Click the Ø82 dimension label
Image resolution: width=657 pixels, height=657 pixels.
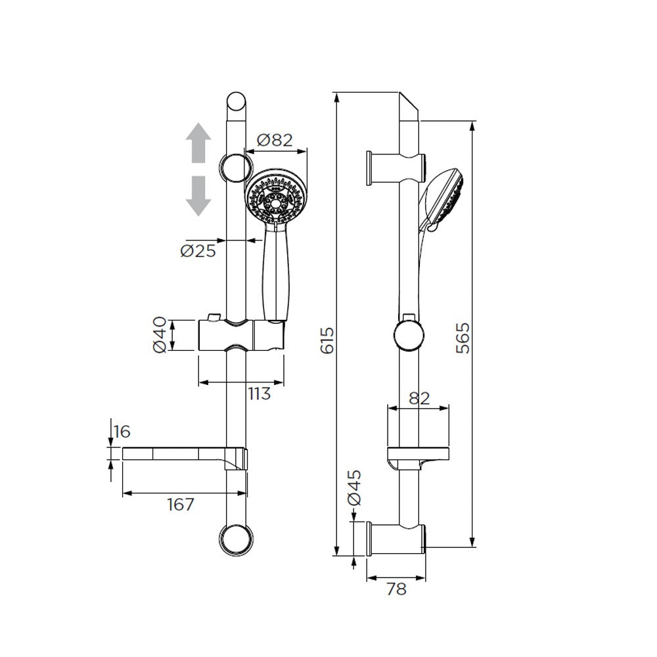point(274,140)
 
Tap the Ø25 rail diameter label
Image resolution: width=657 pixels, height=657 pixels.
point(198,251)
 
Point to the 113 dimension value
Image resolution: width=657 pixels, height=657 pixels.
point(259,394)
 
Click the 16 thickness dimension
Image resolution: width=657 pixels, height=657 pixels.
point(122,432)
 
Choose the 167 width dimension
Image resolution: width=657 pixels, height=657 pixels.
point(180,505)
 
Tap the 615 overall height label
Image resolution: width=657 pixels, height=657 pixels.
point(328,340)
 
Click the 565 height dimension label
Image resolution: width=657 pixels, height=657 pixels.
point(464,338)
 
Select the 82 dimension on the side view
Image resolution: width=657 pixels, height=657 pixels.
point(419,397)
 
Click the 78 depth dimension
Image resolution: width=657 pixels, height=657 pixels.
point(396,589)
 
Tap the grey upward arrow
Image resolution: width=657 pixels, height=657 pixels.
point(197,145)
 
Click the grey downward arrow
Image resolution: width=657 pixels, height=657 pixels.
point(197,196)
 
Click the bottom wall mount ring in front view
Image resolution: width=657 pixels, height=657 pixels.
point(235,541)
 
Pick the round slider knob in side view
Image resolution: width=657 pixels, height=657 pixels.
point(408,335)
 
